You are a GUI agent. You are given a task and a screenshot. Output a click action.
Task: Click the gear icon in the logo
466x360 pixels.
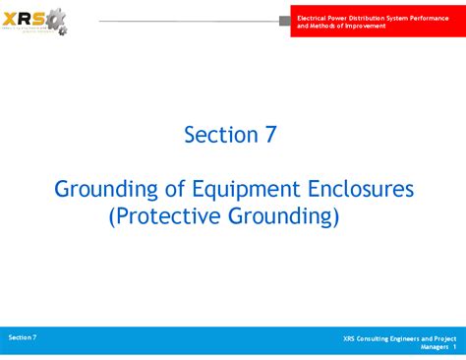57,20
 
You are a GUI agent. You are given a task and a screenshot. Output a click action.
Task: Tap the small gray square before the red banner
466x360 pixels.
285,21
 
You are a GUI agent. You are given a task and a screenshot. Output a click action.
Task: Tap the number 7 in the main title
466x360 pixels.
269,135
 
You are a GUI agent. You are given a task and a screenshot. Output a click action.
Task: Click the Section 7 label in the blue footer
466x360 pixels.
23,337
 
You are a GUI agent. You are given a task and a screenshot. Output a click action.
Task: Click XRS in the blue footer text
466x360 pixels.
350,339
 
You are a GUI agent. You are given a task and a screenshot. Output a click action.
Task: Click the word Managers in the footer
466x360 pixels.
435,347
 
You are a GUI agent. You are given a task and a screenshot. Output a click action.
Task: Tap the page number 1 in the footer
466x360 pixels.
455,347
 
